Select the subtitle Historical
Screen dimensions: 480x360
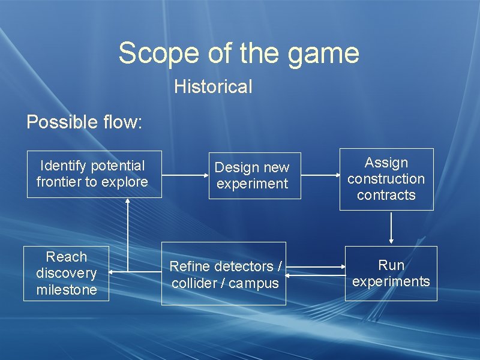coord(213,86)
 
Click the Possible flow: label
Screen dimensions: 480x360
coord(85,122)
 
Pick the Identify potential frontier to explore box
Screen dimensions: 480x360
coord(94,174)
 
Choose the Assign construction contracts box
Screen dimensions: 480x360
coord(386,179)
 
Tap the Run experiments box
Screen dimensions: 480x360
coord(391,273)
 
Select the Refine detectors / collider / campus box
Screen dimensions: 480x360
coord(224,274)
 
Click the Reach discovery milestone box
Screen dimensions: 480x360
coord(66,273)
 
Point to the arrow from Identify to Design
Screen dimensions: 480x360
coord(185,176)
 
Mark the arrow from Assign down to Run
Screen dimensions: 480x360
coord(391,228)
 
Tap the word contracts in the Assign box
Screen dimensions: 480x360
coord(386,195)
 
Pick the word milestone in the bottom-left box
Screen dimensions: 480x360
coord(66,290)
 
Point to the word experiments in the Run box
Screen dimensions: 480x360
coord(391,281)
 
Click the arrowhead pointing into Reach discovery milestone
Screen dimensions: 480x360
coord(112,272)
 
